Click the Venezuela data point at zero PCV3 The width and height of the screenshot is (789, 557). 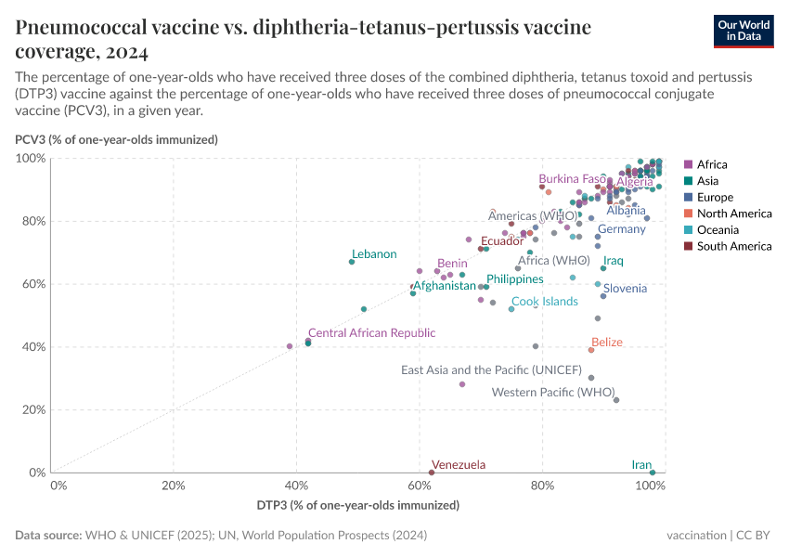432,473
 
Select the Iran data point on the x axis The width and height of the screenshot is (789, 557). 653,473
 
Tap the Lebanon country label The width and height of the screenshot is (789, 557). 374,254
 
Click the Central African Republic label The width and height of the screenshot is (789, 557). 371,332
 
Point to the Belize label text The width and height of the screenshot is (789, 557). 607,343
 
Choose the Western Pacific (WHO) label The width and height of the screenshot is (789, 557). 553,392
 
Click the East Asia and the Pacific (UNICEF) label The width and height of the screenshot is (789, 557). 491,369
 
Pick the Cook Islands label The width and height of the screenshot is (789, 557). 545,302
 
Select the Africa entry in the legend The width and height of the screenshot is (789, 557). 713,164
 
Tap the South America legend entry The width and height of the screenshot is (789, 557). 733,246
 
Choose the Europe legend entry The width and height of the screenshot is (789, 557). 716,197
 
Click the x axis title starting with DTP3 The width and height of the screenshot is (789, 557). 358,506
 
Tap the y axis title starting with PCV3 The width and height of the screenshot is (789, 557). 116,140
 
